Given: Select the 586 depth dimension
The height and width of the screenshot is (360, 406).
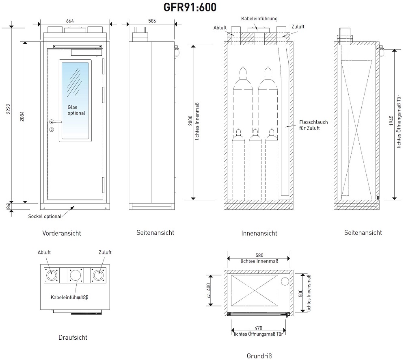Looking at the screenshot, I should tap(152, 20).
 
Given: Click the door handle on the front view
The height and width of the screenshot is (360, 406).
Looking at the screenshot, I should tap(55, 121).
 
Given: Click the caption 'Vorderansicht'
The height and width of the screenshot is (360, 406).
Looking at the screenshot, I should tap(61, 233).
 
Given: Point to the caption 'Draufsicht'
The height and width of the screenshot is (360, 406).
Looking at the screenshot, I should tap(73, 337).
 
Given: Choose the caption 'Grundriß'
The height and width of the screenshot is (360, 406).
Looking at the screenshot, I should tap(259, 356).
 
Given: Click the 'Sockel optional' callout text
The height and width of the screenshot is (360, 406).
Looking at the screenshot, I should tap(44, 216).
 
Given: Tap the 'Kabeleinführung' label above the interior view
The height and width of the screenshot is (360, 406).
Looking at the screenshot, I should tap(259, 19).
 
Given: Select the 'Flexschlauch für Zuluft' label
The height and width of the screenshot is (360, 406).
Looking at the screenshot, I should tap(313, 125).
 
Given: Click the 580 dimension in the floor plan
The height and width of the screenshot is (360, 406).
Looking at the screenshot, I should tap(259, 256).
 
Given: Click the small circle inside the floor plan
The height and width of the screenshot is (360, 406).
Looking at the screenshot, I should tap(285, 281).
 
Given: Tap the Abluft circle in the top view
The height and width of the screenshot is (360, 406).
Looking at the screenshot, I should tap(52, 275).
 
